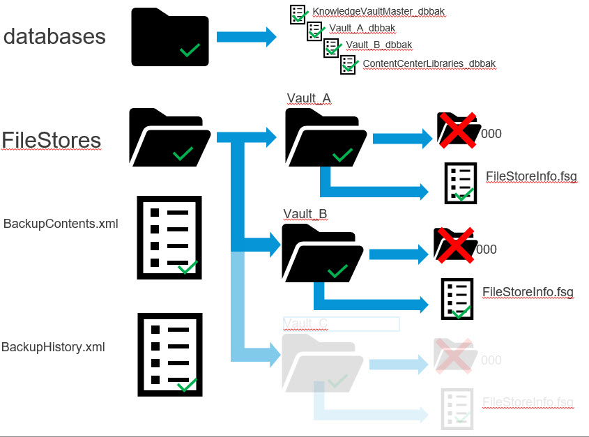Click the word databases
click(x=54, y=36)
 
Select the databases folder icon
click(x=169, y=38)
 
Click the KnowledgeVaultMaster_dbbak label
click(x=378, y=12)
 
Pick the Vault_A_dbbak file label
click(x=362, y=29)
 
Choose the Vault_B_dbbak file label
click(x=378, y=45)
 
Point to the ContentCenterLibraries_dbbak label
click(x=429, y=63)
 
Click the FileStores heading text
click(x=52, y=140)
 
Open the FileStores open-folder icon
click(x=169, y=137)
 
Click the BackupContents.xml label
click(x=61, y=224)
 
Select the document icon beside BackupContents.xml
click(x=169, y=238)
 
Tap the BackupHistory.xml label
click(x=53, y=346)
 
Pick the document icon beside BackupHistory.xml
click(x=169, y=354)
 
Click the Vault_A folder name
click(x=308, y=98)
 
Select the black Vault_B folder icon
click(x=321, y=252)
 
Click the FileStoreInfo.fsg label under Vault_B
click(x=528, y=291)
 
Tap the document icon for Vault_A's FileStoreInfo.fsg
click(x=461, y=183)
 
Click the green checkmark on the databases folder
click(x=190, y=50)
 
